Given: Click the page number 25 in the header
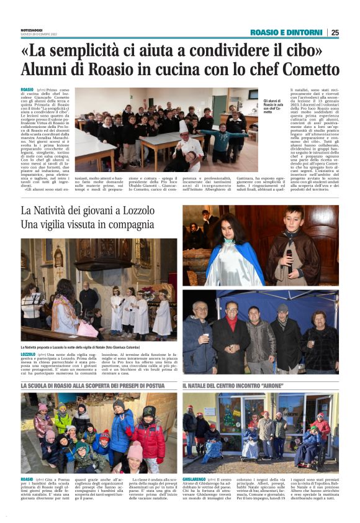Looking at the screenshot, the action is coord(335,32).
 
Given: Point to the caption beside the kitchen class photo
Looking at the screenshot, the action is coord(274,106).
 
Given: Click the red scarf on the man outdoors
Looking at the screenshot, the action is coord(232,322).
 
